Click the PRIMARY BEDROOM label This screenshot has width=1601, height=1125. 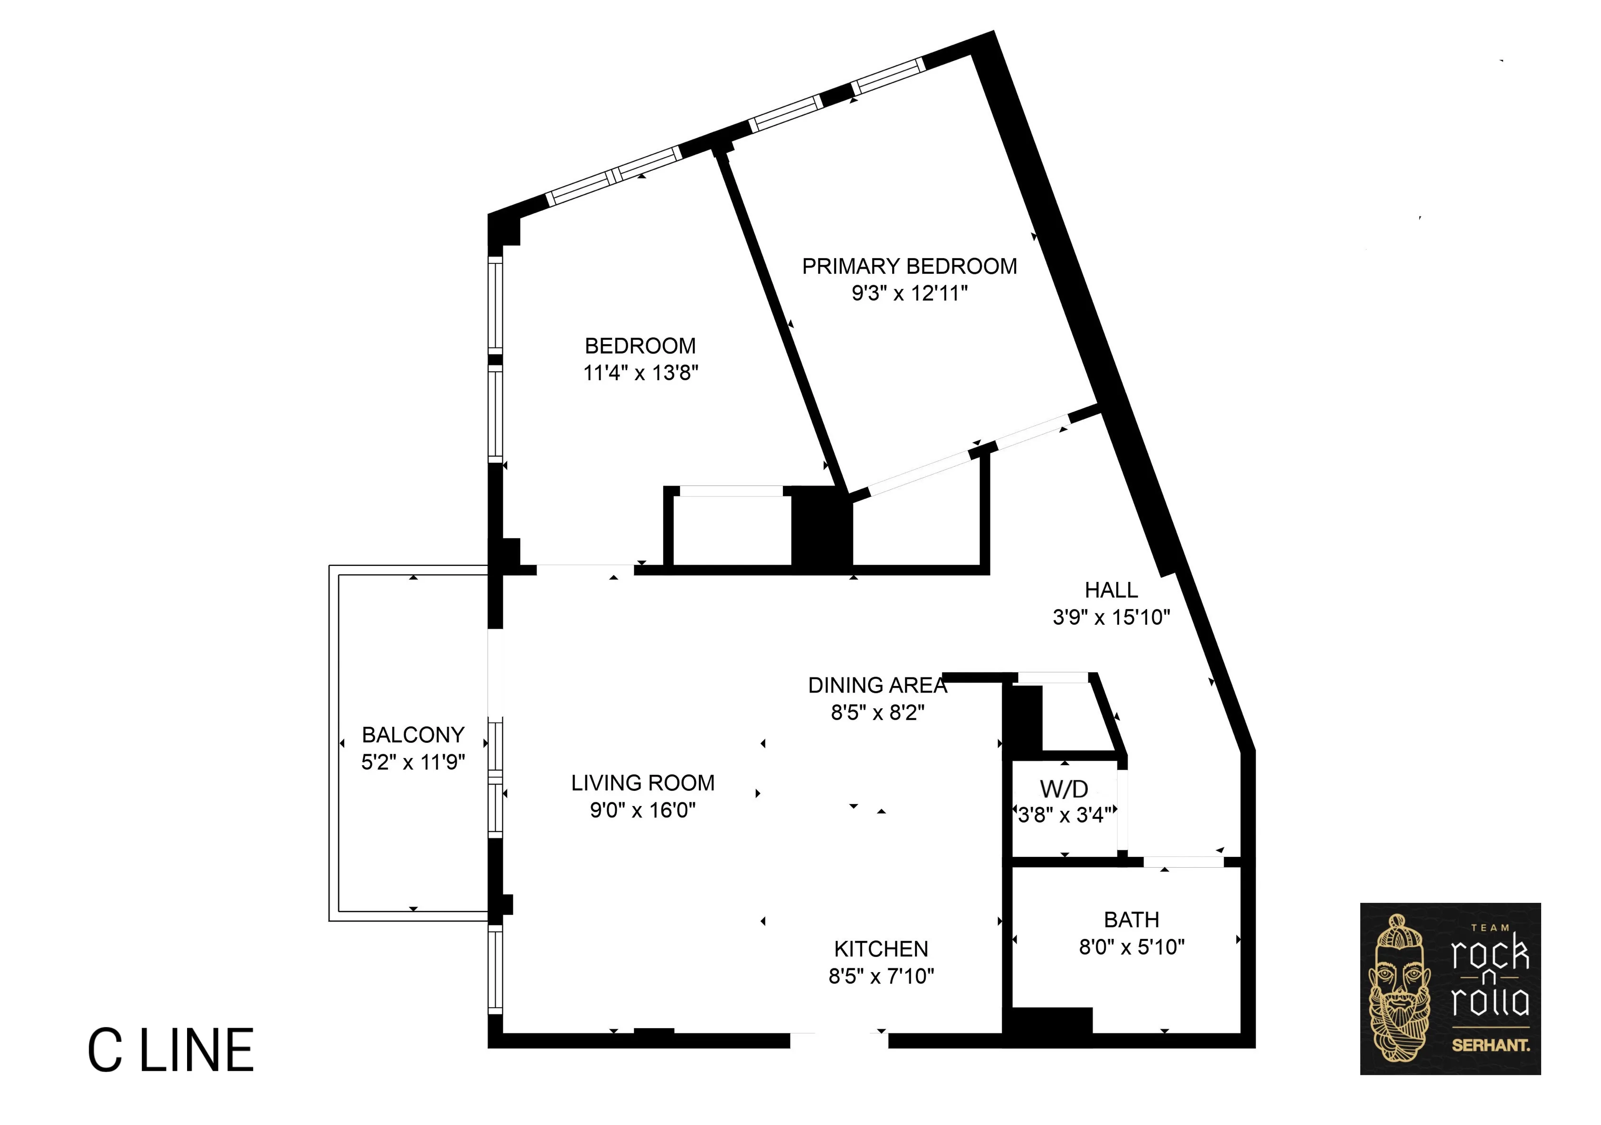coord(909,266)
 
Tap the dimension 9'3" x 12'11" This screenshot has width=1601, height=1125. coord(909,293)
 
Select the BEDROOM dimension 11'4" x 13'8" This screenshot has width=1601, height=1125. coord(640,373)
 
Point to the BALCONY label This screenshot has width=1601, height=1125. coord(413,735)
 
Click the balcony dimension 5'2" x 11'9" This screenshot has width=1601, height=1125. coord(413,762)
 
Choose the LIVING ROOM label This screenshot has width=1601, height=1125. coord(642,783)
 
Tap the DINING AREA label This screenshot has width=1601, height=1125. coord(877,685)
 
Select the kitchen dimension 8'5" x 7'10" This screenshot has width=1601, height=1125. coord(881,976)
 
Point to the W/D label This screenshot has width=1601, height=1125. coord(1064,789)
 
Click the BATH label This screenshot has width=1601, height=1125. coord(1131,919)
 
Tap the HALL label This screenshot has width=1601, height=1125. coord(1111,591)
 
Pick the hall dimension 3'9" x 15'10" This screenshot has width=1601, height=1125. coord(1111,617)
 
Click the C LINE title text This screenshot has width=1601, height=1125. coord(171,1051)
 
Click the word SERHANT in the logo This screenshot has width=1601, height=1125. coord(1490,1046)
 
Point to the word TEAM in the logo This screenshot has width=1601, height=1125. coord(1490,928)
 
